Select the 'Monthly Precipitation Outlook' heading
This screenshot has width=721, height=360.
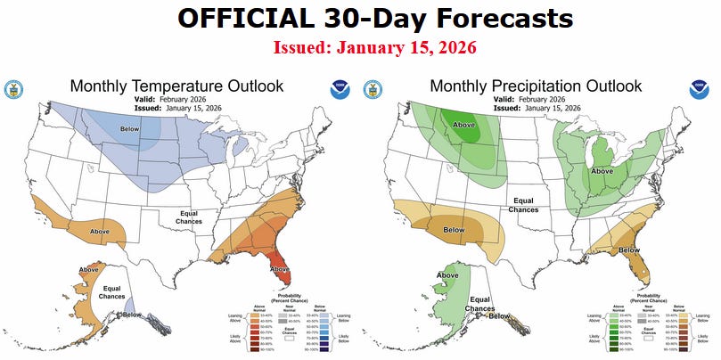tap(536, 86)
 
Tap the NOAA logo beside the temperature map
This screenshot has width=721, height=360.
tap(340, 89)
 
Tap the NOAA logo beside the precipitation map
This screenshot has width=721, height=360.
tap(699, 89)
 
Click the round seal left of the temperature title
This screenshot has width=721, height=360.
tap(14, 89)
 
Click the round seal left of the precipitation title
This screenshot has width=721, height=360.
tap(374, 89)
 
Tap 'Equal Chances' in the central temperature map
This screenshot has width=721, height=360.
tap(189, 217)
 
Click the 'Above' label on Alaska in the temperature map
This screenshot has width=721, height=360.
tap(89, 269)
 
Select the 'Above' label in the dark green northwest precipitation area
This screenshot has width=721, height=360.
tap(464, 125)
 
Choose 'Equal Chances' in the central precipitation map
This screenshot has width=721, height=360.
tap(523, 205)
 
